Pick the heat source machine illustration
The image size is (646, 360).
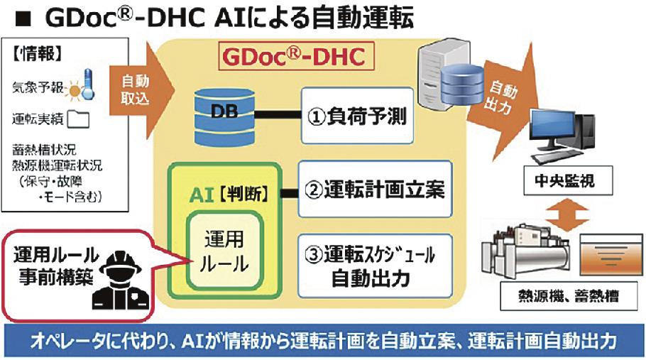[521, 253]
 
